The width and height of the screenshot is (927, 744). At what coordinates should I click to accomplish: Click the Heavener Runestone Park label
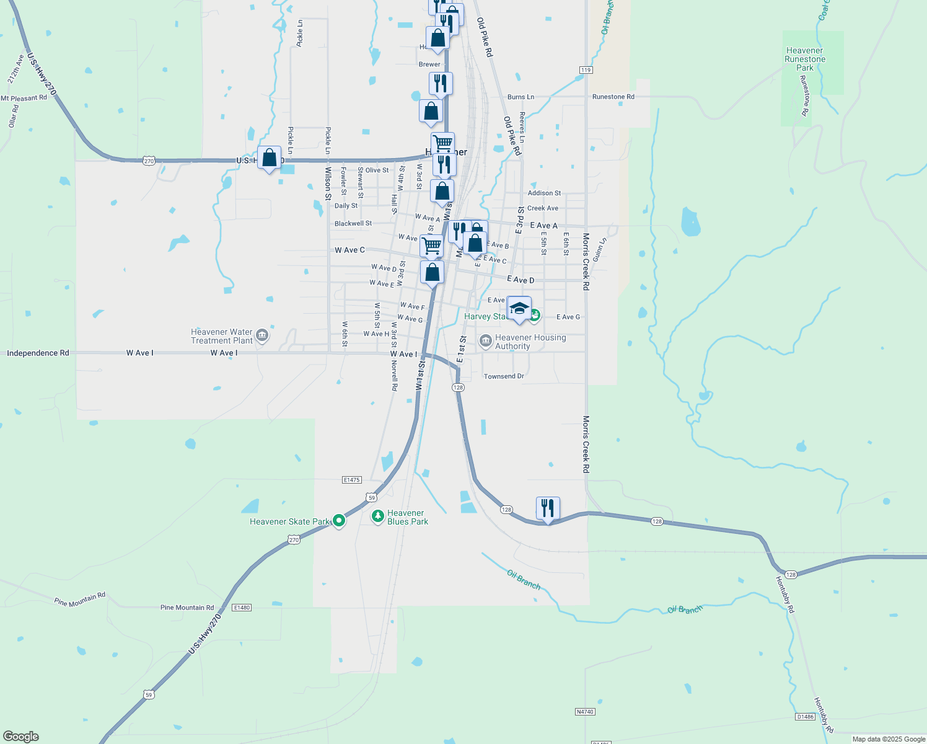804,60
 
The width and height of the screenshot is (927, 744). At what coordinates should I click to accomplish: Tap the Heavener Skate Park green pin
338,521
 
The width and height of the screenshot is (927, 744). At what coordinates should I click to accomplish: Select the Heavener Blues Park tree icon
377,516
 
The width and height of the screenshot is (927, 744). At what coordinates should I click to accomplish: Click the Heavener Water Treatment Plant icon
261,336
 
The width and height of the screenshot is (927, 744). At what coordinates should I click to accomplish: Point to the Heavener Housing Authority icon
485,340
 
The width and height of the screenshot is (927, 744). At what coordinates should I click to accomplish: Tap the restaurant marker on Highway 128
548,508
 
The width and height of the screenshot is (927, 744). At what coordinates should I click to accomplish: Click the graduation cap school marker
519,308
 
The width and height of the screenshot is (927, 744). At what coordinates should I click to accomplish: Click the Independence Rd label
38,353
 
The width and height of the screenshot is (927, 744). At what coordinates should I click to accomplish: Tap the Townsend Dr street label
504,376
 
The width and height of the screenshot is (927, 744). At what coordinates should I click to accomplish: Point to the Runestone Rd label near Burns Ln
613,97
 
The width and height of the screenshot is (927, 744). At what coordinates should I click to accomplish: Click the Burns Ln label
521,97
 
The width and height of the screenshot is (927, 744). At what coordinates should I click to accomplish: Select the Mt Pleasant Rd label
24,99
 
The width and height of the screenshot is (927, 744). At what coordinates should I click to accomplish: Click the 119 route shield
586,70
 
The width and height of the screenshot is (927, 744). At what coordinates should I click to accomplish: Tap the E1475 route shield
351,480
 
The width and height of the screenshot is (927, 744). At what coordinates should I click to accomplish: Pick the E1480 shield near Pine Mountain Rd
242,608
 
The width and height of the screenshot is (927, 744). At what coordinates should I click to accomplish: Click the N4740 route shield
585,712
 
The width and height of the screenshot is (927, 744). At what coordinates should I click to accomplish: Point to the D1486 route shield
805,717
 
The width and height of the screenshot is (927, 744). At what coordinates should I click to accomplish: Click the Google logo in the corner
21,737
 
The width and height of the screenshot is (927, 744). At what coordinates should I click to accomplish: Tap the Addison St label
544,193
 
